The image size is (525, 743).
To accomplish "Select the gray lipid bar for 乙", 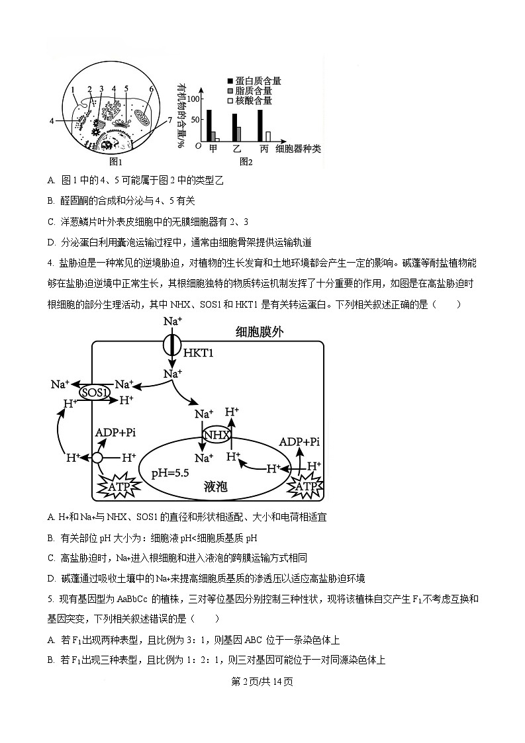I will [239, 134].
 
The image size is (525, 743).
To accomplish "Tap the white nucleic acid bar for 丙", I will [268, 136].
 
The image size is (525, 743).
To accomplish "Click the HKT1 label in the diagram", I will [198, 353].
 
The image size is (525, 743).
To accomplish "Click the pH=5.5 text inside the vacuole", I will [171, 473].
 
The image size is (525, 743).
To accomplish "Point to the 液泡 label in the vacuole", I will [216, 487].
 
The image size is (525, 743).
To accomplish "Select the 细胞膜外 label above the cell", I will [259, 331].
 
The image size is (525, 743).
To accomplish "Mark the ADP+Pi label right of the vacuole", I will [299, 442].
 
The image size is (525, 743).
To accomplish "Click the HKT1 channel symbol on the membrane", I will [171, 347].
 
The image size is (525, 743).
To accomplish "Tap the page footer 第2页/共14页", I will [262, 682].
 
